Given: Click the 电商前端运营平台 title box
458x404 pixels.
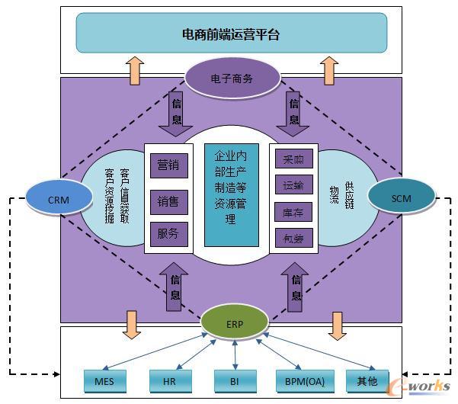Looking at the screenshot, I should tap(231, 34).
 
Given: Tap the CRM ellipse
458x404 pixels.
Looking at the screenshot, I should tap(59, 199).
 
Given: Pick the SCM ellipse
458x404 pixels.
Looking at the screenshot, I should tap(401, 198).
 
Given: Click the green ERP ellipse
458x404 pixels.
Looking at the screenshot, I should tap(235, 323).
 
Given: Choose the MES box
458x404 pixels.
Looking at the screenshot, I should tap(104, 380).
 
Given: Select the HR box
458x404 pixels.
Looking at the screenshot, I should tap(169, 380).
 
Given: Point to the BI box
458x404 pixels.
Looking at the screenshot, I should tap(235, 380).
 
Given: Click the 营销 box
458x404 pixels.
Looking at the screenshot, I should tap(168, 164).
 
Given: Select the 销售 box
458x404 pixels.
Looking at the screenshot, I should tap(168, 201).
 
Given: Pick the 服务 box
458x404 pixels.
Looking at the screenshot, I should tap(168, 234).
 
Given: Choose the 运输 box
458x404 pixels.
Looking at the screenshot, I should tap(293, 185).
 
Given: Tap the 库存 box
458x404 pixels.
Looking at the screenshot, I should tap(293, 211).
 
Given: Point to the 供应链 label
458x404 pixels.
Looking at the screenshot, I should tap(349, 195).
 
